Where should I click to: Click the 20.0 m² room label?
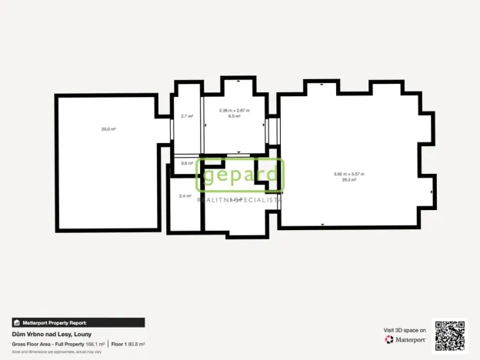click(x=108, y=129)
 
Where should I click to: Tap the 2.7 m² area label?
click(x=187, y=116)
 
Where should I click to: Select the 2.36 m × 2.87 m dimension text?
click(x=235, y=110)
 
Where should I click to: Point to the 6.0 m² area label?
click(x=235, y=116)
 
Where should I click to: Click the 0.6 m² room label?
click(x=187, y=163)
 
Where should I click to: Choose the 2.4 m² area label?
click(x=185, y=196)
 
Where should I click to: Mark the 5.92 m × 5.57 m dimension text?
click(x=349, y=174)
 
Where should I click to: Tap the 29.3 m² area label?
click(x=349, y=180)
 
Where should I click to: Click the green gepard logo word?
click(x=240, y=175)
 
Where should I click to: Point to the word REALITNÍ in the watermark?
click(x=217, y=199)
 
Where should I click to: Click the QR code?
click(x=449, y=335)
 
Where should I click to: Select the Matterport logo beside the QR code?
click(x=405, y=339)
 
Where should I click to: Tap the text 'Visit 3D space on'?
click(x=405, y=330)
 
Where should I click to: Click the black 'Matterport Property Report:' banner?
click(x=78, y=323)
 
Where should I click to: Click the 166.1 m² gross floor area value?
click(x=96, y=344)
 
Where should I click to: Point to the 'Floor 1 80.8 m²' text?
click(x=128, y=344)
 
